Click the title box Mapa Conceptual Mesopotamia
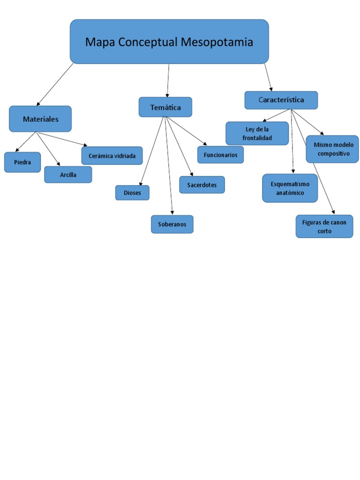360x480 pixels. [x=169, y=41]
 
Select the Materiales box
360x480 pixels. [x=40, y=119]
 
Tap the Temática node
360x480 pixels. [x=165, y=107]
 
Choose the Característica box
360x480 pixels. [x=281, y=100]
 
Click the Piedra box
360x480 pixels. [x=22, y=162]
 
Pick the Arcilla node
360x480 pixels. [x=68, y=174]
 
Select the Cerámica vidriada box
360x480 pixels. [x=112, y=156]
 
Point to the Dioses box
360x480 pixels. [x=132, y=193]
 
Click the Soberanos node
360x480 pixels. [x=172, y=224]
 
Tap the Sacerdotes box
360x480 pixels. [x=202, y=185]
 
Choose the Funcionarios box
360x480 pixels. [x=220, y=155]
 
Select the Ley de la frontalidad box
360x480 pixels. [x=257, y=134]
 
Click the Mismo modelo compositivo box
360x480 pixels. [x=332, y=149]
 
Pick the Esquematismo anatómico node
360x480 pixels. [x=290, y=188]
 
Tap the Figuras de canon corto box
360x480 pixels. [x=324, y=226]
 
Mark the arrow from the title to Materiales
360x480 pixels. [x=55, y=84]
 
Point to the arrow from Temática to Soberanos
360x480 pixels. [x=169, y=166]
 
